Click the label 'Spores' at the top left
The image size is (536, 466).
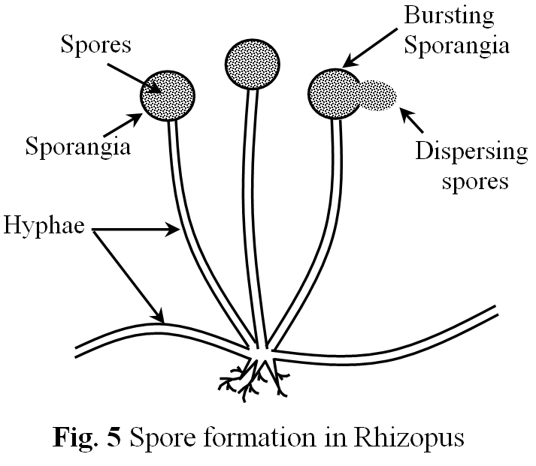point(95,45)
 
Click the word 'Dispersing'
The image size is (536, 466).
point(472,152)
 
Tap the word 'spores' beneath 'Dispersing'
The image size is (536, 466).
point(472,181)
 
